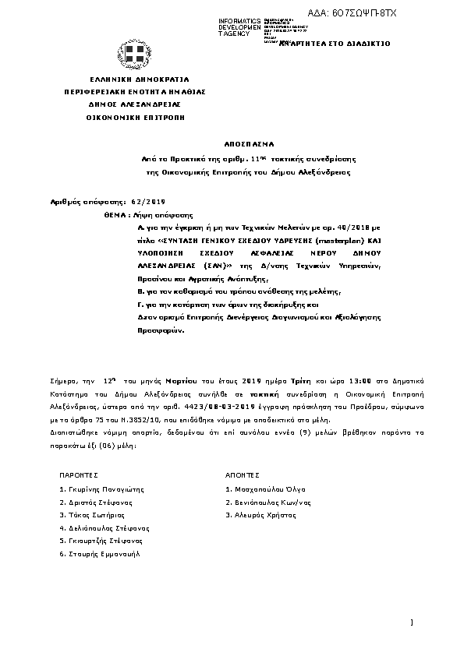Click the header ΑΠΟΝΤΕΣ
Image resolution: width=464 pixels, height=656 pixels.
[x=238, y=474]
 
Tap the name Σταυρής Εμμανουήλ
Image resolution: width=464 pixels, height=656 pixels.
[x=101, y=553]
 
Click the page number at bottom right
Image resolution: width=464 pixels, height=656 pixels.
[x=410, y=622]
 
